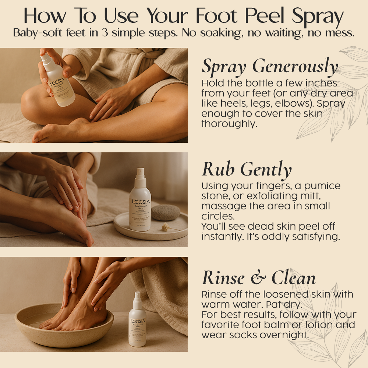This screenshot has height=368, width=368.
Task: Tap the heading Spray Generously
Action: tap(270, 67)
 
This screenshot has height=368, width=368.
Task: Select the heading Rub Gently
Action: tap(247, 169)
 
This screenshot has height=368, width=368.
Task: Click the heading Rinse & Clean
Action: tap(259, 278)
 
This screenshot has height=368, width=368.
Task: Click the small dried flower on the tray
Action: tap(165, 227)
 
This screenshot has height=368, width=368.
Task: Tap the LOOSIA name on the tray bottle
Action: tap(140, 202)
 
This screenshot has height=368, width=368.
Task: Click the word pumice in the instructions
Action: tap(323, 186)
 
